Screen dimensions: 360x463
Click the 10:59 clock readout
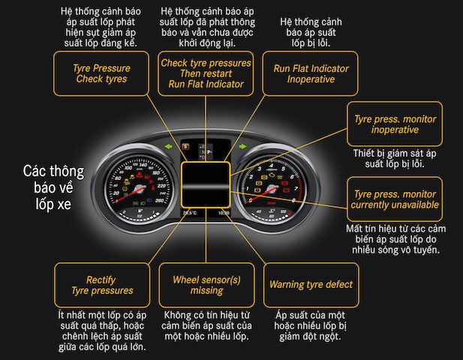[x=224, y=213]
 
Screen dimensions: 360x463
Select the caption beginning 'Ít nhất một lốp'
[x=103, y=330]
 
